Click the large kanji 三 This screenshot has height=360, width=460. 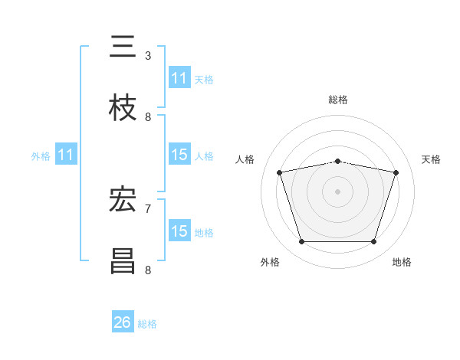123,46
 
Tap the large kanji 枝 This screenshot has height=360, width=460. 123,107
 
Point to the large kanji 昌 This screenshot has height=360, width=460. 123,260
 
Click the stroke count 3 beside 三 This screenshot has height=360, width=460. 148,56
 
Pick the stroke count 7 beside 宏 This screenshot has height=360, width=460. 148,209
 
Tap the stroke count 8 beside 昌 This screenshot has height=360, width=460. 148,270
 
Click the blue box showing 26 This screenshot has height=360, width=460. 123,321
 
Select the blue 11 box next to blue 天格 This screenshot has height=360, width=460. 179,77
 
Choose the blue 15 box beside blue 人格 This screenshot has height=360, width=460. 179,154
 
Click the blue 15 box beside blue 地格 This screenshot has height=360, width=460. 179,230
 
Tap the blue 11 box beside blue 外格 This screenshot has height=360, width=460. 66,154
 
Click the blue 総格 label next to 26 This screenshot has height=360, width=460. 147,324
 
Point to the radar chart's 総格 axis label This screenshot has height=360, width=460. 338,100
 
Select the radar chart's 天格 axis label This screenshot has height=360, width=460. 431,159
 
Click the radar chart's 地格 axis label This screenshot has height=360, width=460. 402,262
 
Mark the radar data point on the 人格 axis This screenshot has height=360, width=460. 280,172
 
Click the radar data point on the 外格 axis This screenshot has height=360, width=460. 302,241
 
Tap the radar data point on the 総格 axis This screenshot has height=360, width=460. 337,162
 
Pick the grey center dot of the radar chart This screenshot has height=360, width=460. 337,191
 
